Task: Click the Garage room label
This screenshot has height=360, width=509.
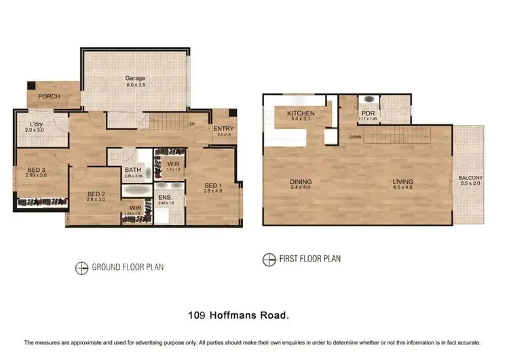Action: (136, 78)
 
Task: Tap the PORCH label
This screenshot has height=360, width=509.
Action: (48, 96)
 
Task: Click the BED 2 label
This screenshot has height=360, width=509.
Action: (95, 194)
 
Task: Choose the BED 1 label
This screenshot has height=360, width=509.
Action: (212, 185)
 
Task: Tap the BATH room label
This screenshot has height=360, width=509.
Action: (132, 170)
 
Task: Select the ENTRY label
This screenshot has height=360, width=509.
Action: (223, 128)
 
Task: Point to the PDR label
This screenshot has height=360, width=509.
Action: (368, 113)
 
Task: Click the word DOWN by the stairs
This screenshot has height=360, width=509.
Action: (355, 136)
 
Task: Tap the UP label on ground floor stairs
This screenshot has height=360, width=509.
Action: (191, 124)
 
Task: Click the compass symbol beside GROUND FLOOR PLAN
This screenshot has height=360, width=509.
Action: (81, 267)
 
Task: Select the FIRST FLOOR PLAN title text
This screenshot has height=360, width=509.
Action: (309, 258)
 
